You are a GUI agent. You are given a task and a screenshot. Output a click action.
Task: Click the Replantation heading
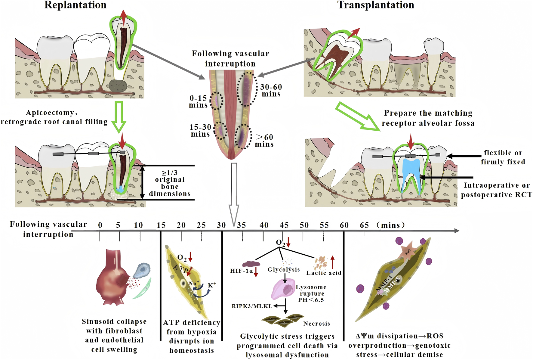75,5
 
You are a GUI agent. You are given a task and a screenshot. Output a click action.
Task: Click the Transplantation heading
376,5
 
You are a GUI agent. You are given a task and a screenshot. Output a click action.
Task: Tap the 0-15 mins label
198,101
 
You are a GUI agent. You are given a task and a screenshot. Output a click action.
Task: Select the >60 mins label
264,141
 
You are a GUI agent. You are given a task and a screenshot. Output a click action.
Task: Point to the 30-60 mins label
271,90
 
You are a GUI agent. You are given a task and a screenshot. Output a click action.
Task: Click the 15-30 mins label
200,131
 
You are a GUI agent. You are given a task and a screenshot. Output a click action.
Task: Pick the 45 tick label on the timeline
284,225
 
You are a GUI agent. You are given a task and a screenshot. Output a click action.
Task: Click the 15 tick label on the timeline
161,225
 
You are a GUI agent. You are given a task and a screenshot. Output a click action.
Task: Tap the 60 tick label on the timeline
344,225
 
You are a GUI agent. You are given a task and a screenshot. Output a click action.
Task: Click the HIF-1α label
241,271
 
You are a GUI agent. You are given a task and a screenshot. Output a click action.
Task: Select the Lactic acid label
324,273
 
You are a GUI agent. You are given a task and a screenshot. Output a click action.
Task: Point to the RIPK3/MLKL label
252,306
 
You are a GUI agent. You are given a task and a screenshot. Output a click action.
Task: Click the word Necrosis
316,324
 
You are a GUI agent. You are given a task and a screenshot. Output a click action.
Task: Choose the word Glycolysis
284,270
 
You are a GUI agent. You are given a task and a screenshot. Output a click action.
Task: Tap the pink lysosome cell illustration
283,289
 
